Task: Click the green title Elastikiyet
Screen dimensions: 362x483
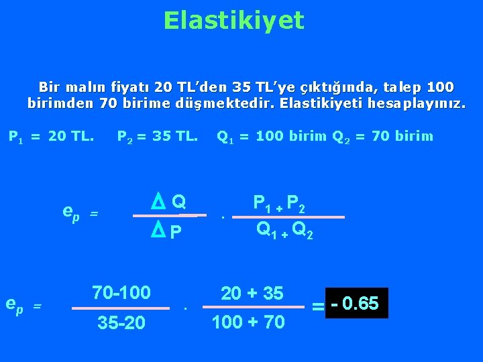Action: click(x=233, y=21)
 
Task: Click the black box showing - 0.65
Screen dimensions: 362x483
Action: click(x=356, y=304)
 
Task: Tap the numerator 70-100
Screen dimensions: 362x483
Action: click(x=121, y=292)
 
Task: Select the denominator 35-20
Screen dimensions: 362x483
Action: click(x=121, y=323)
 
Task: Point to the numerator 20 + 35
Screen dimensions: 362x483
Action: click(x=252, y=293)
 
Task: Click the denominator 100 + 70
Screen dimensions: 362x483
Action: click(x=248, y=322)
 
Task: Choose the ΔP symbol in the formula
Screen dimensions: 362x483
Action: click(x=167, y=232)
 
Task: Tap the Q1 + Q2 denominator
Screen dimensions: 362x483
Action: click(x=284, y=230)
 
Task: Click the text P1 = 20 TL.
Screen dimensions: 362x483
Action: click(x=51, y=137)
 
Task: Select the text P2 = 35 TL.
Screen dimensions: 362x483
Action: click(x=158, y=137)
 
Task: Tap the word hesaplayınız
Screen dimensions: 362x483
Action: click(x=415, y=104)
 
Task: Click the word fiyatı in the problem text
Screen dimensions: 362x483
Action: click(x=128, y=87)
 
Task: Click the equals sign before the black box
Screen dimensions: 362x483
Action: click(x=318, y=306)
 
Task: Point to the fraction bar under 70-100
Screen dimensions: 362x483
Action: click(x=121, y=308)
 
